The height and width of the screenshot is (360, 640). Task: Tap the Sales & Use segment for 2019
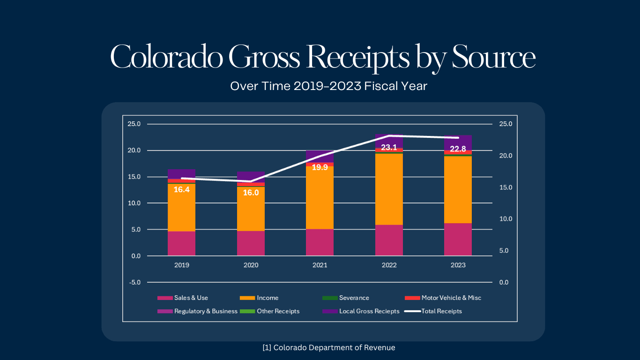pyautogui.click(x=181, y=243)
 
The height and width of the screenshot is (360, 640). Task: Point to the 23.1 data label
pyautogui.click(x=389, y=147)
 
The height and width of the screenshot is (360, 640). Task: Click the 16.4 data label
pyautogui.click(x=181, y=189)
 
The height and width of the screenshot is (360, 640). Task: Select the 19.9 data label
pyautogui.click(x=320, y=167)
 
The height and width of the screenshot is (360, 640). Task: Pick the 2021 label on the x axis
pyautogui.click(x=320, y=265)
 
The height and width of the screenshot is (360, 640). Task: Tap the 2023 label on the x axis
pyautogui.click(x=458, y=265)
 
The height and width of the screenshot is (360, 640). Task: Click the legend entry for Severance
pyautogui.click(x=346, y=298)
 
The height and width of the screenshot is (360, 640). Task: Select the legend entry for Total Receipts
pyautogui.click(x=433, y=311)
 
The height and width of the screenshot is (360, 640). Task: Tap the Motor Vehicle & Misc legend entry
pyautogui.click(x=443, y=298)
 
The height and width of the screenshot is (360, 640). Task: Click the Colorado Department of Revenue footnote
pyautogui.click(x=329, y=348)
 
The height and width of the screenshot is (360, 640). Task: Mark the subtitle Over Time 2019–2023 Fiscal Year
pyautogui.click(x=328, y=86)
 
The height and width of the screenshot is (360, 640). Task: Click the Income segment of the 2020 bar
pyautogui.click(x=251, y=209)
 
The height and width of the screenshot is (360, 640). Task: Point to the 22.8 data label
pyautogui.click(x=458, y=149)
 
